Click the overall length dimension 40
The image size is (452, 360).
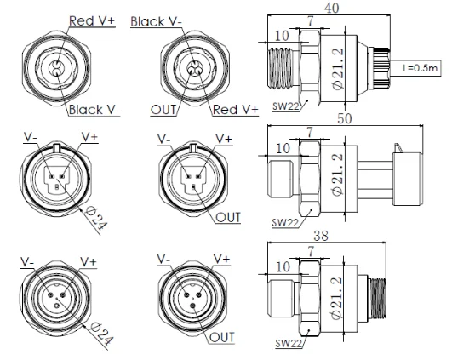point(331,7)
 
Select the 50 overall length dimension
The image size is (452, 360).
point(345,118)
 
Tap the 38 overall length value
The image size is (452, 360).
point(321,236)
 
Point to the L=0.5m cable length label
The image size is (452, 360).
point(420,68)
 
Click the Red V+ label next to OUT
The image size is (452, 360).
point(235,110)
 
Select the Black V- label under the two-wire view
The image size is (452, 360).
point(94,110)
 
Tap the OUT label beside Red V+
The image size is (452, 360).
point(163,110)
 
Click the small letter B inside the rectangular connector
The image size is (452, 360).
point(57,187)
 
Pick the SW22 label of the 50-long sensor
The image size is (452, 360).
point(285,222)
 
